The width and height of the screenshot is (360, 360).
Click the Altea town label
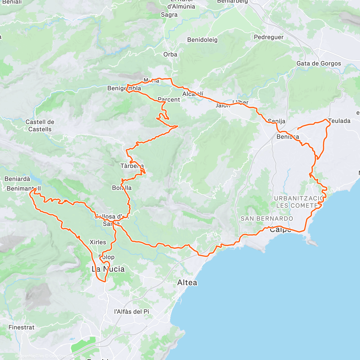[187, 283]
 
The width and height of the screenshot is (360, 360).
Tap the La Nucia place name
[108, 269]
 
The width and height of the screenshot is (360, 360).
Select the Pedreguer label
[268, 37]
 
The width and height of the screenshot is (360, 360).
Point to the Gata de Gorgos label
[319, 64]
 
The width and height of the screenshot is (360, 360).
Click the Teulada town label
[339, 121]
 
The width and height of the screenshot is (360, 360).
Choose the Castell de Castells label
[40, 126]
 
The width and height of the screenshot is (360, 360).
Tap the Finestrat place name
[22, 327]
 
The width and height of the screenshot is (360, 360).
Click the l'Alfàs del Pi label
[131, 312]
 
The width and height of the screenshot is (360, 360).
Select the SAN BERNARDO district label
[267, 219]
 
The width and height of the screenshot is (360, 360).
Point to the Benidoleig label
[202, 40]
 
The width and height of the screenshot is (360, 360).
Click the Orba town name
[170, 55]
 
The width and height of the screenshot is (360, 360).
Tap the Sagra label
[169, 15]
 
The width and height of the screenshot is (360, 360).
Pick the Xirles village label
[98, 242]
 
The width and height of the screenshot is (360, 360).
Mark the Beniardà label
[17, 179]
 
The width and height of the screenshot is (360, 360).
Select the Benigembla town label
[124, 88]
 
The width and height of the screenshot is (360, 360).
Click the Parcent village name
[169, 100]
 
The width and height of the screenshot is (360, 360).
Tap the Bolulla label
[121, 188]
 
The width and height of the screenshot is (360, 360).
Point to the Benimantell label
[23, 189]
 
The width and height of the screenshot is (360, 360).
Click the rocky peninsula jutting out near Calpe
[311, 242]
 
